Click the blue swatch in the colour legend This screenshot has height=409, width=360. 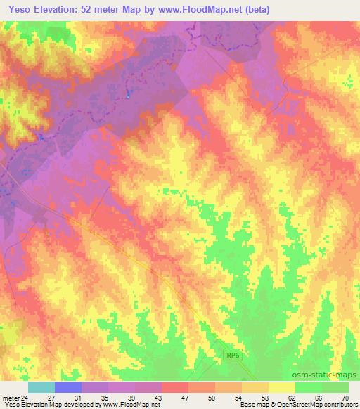point(67,388)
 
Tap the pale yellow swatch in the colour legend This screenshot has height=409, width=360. point(281,388)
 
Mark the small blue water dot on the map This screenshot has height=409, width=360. point(127,93)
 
